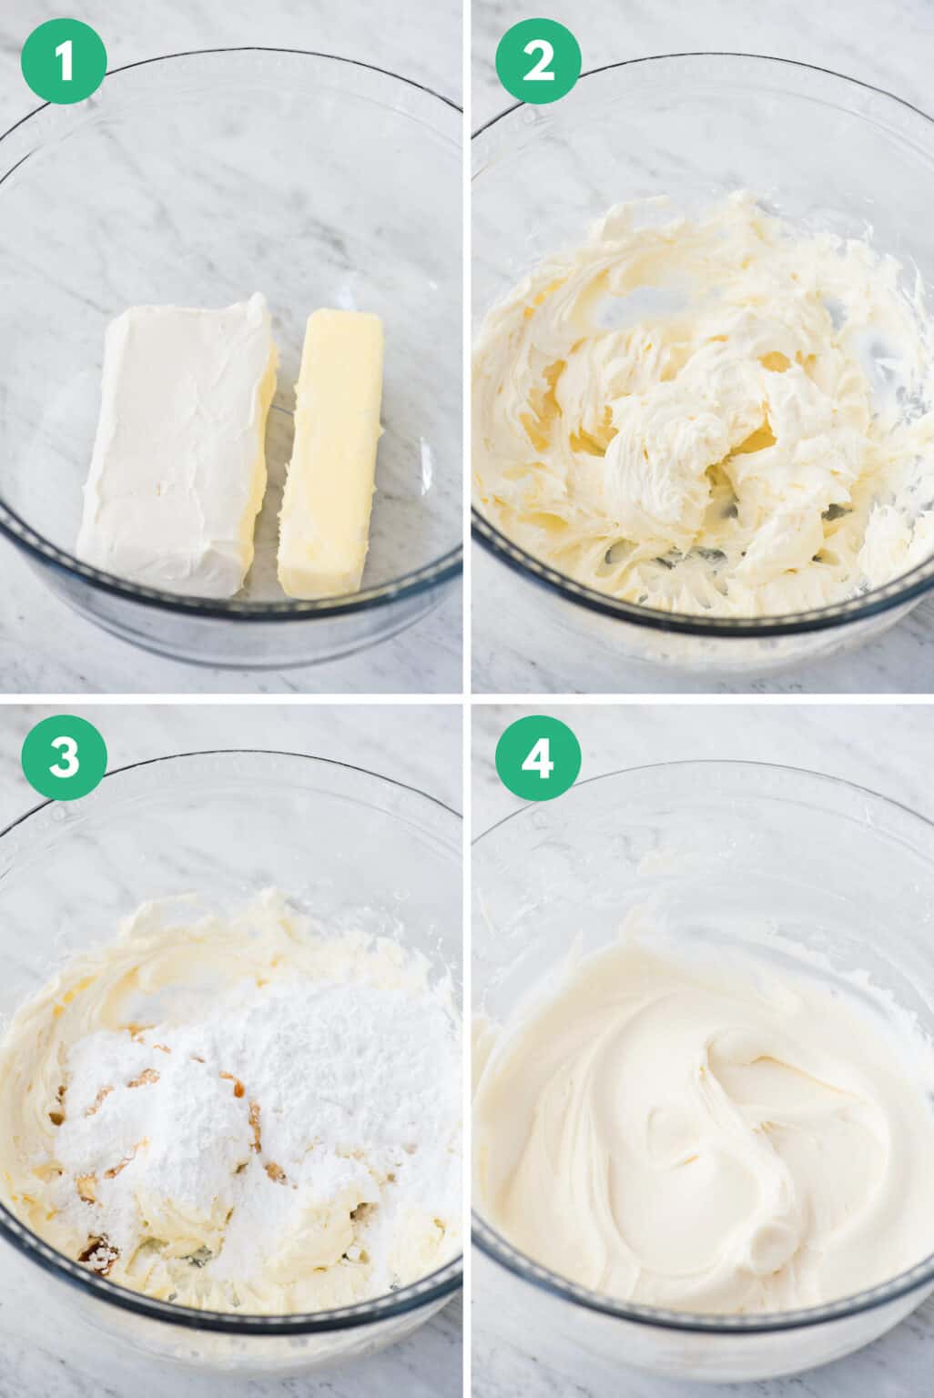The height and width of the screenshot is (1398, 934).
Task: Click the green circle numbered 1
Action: click(x=64, y=63)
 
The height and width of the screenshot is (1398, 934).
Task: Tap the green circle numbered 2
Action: click(x=537, y=63)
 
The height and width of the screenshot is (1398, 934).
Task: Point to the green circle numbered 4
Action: click(x=537, y=758)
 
